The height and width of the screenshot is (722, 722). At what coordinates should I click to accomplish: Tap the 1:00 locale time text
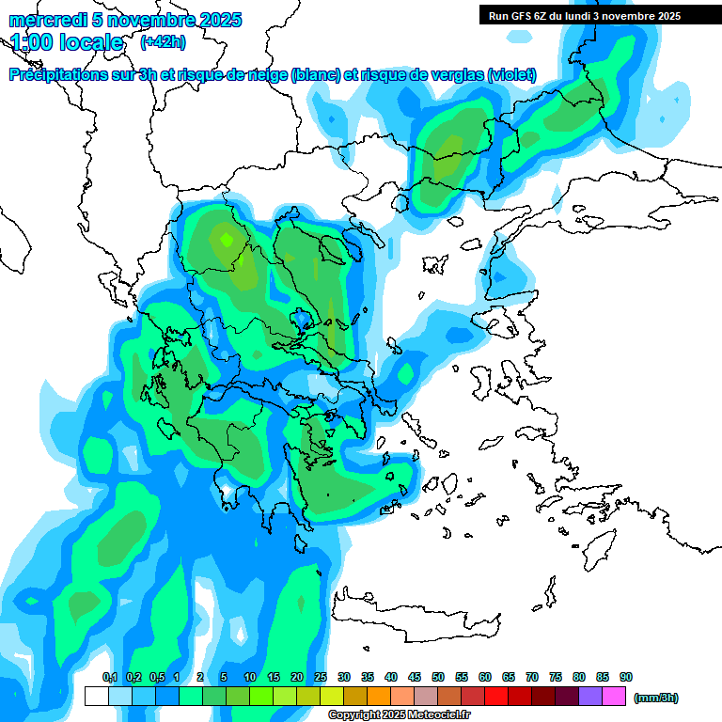click(67, 42)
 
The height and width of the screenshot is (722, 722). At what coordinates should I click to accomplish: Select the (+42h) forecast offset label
click(163, 42)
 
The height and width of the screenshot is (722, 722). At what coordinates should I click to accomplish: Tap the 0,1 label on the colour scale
click(109, 678)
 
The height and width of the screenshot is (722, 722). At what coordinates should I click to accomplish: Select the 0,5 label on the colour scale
click(157, 678)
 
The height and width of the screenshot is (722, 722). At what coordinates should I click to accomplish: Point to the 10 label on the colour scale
click(250, 678)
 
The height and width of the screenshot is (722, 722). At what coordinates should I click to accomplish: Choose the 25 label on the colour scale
click(321, 678)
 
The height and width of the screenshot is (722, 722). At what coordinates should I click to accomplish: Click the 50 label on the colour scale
click(438, 678)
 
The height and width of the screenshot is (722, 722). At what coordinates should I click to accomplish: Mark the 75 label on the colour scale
click(556, 678)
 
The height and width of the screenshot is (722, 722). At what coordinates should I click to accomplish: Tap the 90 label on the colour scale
click(626, 678)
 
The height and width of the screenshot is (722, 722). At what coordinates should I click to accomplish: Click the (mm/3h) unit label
click(656, 698)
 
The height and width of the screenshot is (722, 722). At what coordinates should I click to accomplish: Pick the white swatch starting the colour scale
click(96, 697)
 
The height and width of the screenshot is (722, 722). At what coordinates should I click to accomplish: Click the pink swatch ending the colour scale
click(614, 697)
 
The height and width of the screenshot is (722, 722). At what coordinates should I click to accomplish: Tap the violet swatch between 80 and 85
click(590, 697)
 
